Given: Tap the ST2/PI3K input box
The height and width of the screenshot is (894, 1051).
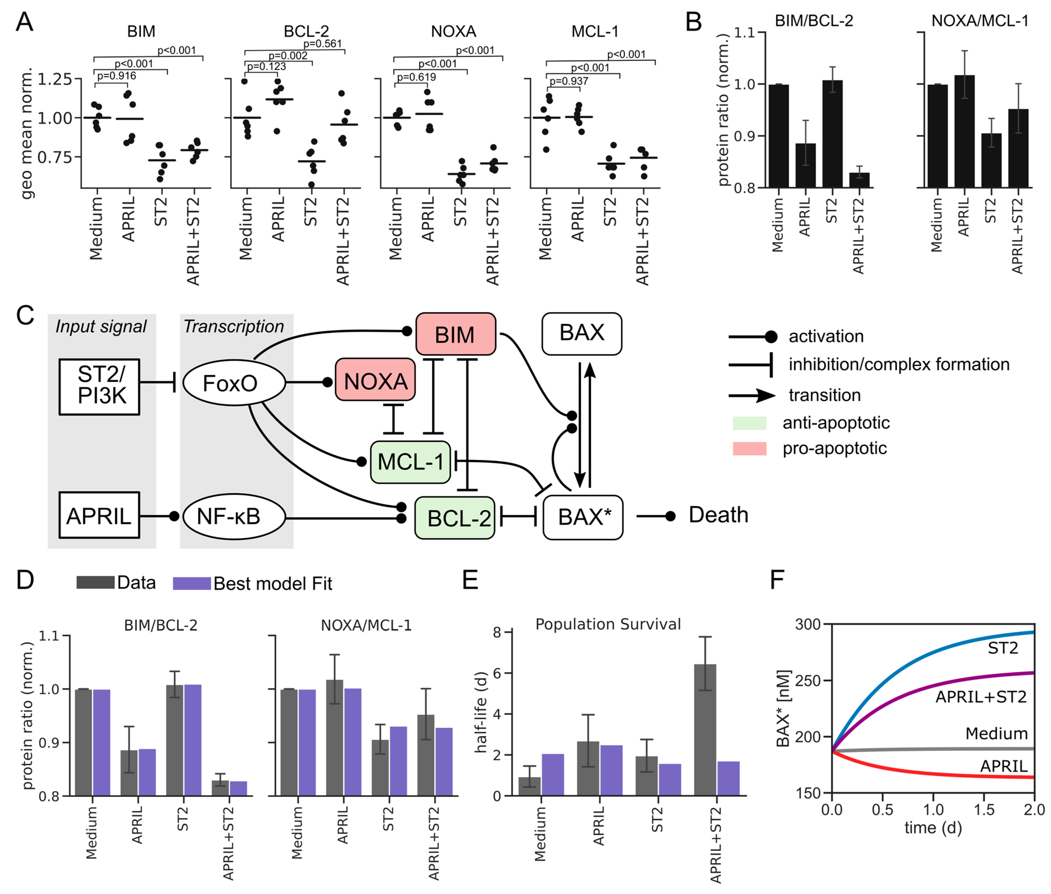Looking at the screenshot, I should click(x=99, y=386).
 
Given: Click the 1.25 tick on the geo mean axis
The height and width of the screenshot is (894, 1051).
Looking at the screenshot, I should click(x=55, y=79).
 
